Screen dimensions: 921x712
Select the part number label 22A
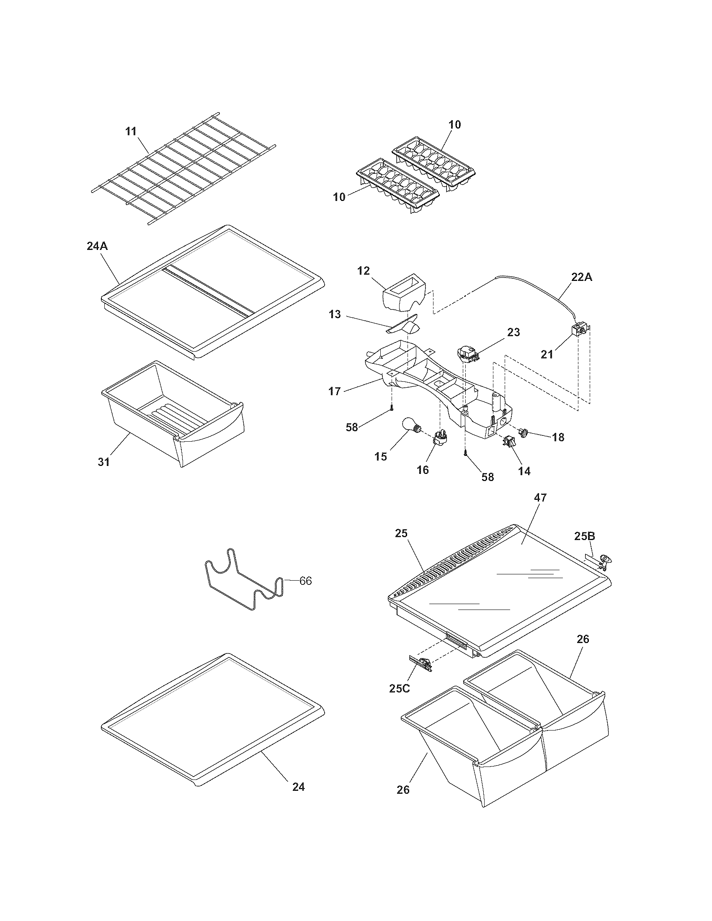point(582,278)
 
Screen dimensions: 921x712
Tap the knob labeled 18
point(525,433)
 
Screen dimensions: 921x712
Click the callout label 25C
point(399,688)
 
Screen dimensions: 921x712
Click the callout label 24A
point(97,246)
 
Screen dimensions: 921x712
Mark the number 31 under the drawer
point(104,462)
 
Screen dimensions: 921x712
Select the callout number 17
point(335,391)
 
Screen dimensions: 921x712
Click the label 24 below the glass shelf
point(298,787)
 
